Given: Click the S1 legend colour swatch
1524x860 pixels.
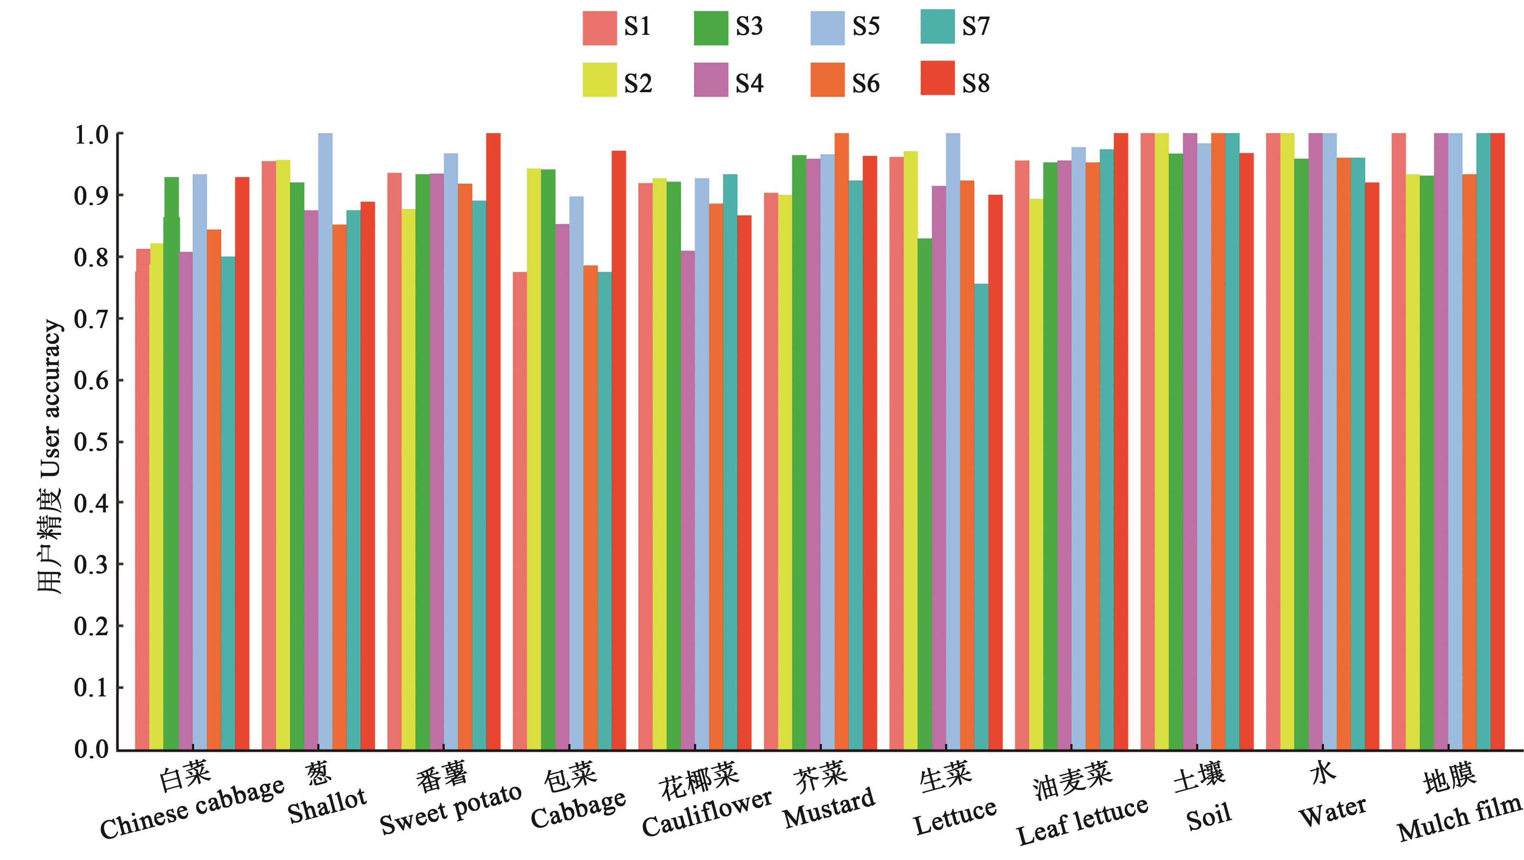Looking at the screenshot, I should pos(599,28).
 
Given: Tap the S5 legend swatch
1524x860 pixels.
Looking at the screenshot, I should pos(827,28).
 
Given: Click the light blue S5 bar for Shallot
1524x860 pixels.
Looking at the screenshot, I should pos(325,441).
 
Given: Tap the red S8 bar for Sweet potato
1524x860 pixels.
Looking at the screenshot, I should pos(493,441).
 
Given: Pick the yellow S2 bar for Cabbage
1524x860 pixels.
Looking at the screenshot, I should pos(533,459).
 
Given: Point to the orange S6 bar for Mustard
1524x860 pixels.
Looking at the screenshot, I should pos(841,441).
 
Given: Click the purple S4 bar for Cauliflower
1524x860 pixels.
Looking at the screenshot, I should pos(687,500).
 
